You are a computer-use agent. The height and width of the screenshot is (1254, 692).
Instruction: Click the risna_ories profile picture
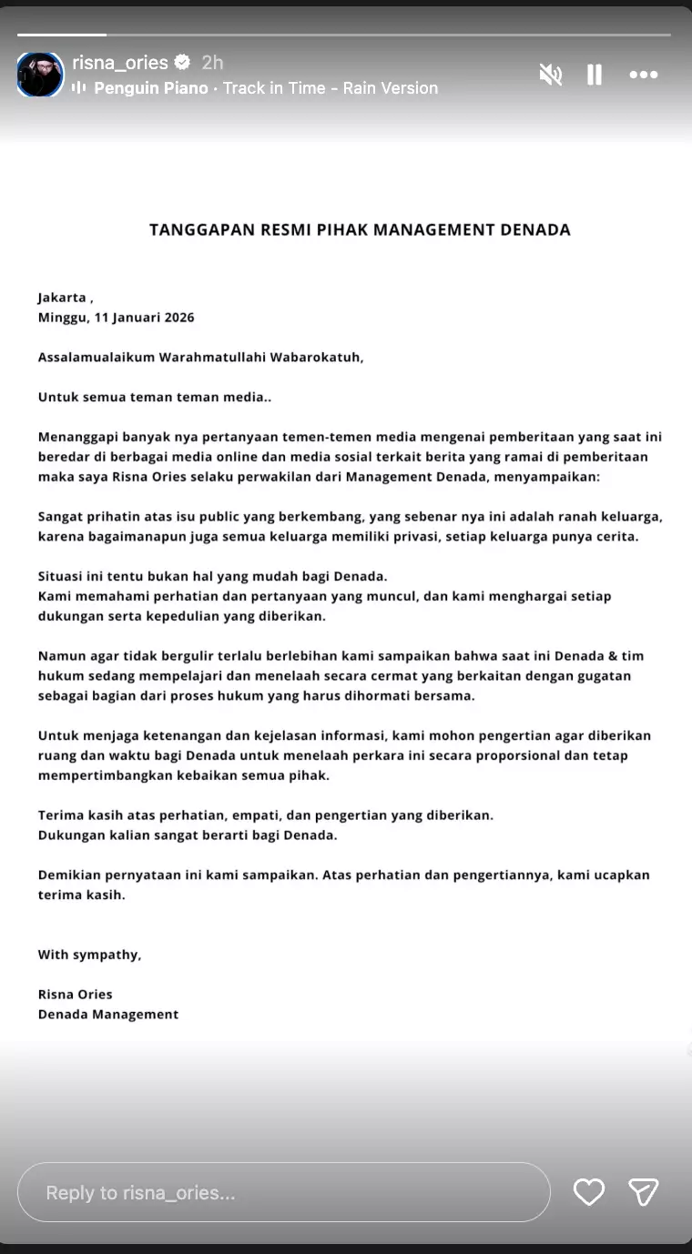coord(40,75)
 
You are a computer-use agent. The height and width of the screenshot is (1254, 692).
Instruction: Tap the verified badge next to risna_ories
coord(182,63)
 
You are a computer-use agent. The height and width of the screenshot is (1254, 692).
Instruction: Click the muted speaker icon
coord(550,75)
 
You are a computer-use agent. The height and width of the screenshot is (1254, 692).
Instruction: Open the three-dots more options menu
coord(643,75)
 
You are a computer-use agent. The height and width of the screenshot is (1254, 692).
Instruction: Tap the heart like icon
coord(588,1192)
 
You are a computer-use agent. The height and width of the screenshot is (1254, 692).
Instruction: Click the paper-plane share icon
coord(643,1192)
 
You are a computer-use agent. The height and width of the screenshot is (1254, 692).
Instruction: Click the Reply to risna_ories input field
coord(283,1192)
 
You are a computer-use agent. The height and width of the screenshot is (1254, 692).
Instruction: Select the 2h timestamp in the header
coord(212,63)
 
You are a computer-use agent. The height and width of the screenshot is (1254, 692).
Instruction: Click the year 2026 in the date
coord(177,318)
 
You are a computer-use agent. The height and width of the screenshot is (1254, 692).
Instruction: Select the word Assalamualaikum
coord(96,357)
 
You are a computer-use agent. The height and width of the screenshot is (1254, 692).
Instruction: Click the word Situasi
coord(63,576)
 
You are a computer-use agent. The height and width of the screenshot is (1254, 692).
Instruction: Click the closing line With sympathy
coord(89,955)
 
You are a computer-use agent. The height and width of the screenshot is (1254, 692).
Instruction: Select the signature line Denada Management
coord(108,1014)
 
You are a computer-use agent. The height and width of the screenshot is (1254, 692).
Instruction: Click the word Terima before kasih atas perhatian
coord(59,814)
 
